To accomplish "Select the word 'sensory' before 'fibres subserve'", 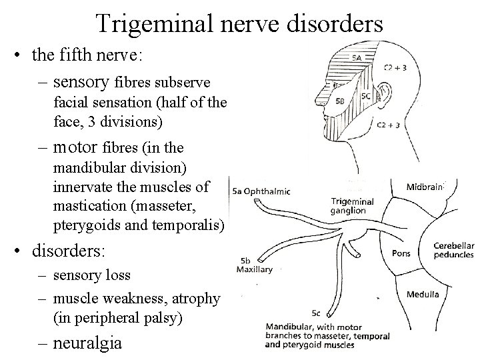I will point(81,82).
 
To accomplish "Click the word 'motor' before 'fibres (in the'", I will point(75,147).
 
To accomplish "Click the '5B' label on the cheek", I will point(341,102).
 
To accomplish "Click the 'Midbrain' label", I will point(425,187).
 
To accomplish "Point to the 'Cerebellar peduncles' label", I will point(453,249).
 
